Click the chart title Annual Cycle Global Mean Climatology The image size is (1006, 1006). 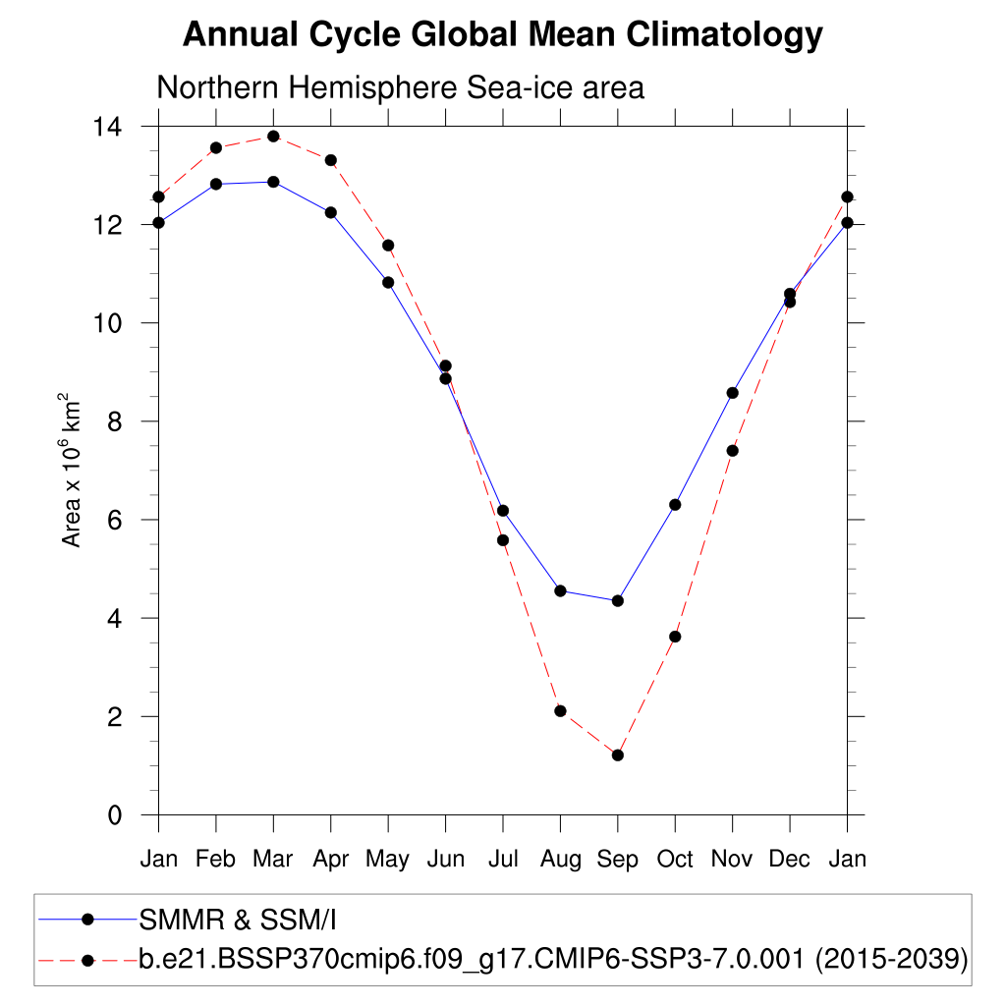(x=502, y=35)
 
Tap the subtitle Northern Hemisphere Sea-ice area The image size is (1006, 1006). (x=400, y=87)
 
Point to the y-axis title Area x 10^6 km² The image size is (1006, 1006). (x=72, y=471)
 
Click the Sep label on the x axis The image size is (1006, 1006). (x=617, y=860)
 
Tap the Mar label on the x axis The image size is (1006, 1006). (x=273, y=860)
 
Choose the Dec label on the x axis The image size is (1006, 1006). (x=789, y=860)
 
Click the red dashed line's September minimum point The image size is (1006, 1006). (x=618, y=754)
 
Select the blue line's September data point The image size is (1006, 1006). (x=618, y=600)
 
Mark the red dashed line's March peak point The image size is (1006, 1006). (x=273, y=136)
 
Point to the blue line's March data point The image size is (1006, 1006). (x=273, y=182)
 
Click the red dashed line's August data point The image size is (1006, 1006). (x=560, y=710)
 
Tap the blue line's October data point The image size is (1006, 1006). (x=675, y=505)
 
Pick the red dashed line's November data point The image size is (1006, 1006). (x=732, y=450)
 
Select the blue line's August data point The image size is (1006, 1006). (x=560, y=590)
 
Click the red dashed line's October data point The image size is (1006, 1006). (x=675, y=637)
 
